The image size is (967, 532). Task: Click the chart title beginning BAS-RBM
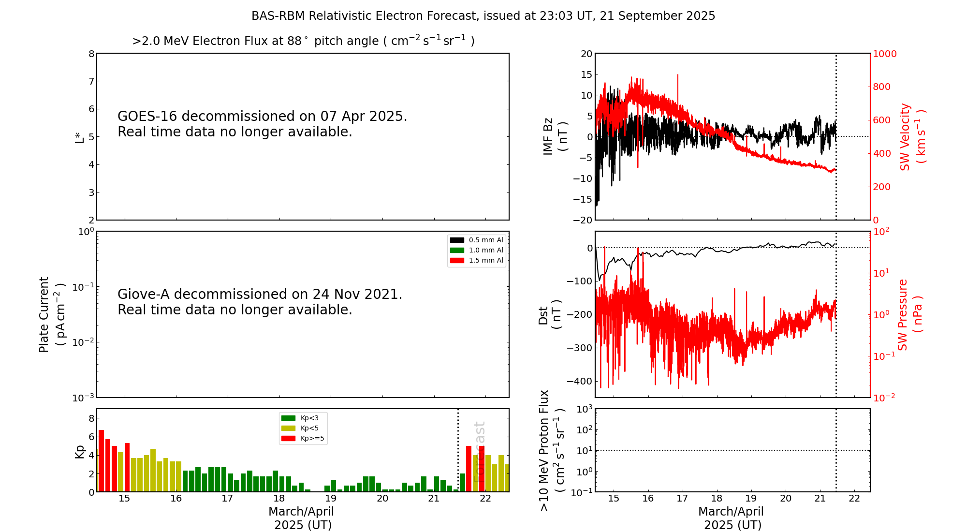click(483, 16)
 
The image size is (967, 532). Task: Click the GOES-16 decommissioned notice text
click(262, 124)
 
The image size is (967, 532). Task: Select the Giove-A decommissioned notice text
click(260, 302)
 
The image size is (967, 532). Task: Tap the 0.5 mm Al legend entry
click(477, 240)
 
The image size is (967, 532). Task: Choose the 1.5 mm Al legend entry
click(477, 260)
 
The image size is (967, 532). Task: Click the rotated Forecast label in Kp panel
click(479, 452)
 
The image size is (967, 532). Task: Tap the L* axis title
click(79, 137)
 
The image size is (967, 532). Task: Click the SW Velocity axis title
click(912, 137)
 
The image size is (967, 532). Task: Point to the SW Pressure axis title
click(909, 314)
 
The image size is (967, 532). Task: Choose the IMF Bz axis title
click(555, 136)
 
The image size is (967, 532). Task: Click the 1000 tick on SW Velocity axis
click(884, 54)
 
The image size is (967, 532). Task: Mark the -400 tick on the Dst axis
click(580, 381)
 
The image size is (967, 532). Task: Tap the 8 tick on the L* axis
click(91, 54)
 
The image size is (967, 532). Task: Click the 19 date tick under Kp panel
click(331, 499)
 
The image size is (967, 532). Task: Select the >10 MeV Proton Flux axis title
click(552, 450)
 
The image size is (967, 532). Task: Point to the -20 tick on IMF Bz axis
click(582, 220)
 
